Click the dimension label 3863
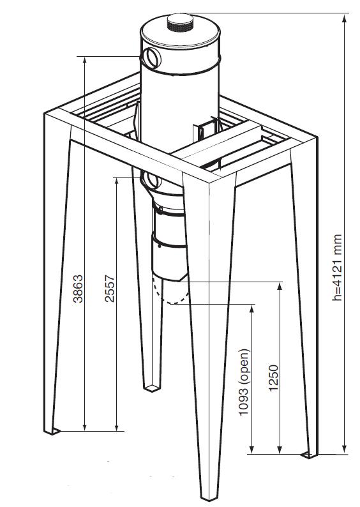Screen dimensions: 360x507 click(x=78, y=289)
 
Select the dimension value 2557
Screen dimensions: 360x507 click(x=110, y=289)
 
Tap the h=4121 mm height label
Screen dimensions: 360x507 click(x=337, y=268)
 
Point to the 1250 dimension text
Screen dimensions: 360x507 click(x=273, y=378)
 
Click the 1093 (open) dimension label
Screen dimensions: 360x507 click(x=244, y=382)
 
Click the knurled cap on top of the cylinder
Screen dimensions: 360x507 click(x=180, y=22)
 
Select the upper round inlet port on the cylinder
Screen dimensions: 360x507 click(x=151, y=57)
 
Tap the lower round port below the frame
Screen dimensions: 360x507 click(x=151, y=180)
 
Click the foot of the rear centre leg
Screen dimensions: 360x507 click(x=152, y=388)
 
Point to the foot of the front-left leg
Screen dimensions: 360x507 click(x=52, y=431)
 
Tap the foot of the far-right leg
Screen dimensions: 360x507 click(x=310, y=455)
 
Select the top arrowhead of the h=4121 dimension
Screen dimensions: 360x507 click(x=345, y=19)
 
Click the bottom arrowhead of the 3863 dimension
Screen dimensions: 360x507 click(x=85, y=427)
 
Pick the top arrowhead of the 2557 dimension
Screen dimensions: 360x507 click(x=117, y=181)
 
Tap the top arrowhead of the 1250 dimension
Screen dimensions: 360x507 click(x=280, y=286)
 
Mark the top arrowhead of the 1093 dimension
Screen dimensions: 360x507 click(x=252, y=308)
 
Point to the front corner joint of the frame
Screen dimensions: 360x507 click(x=209, y=181)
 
